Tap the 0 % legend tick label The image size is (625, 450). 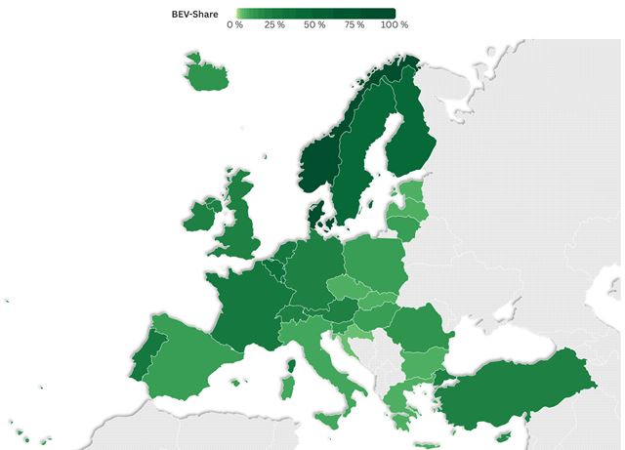tap(234, 24)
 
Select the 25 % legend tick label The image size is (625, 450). tap(274, 24)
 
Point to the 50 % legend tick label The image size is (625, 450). tap(314, 24)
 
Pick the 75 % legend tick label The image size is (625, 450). tap(354, 24)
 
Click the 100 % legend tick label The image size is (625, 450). tap(395, 24)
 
